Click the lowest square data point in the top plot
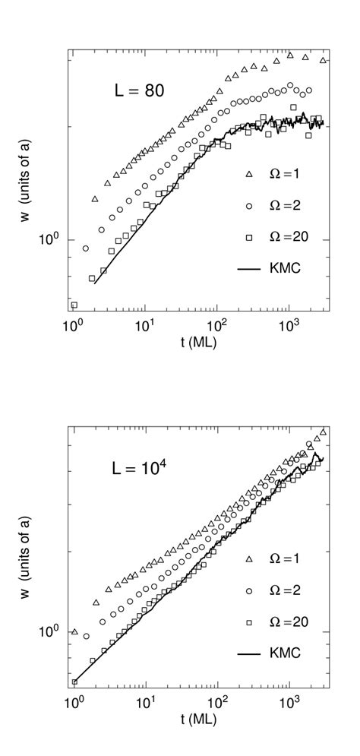pyautogui.click(x=74, y=305)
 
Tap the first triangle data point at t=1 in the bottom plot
pyautogui.click(x=74, y=631)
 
